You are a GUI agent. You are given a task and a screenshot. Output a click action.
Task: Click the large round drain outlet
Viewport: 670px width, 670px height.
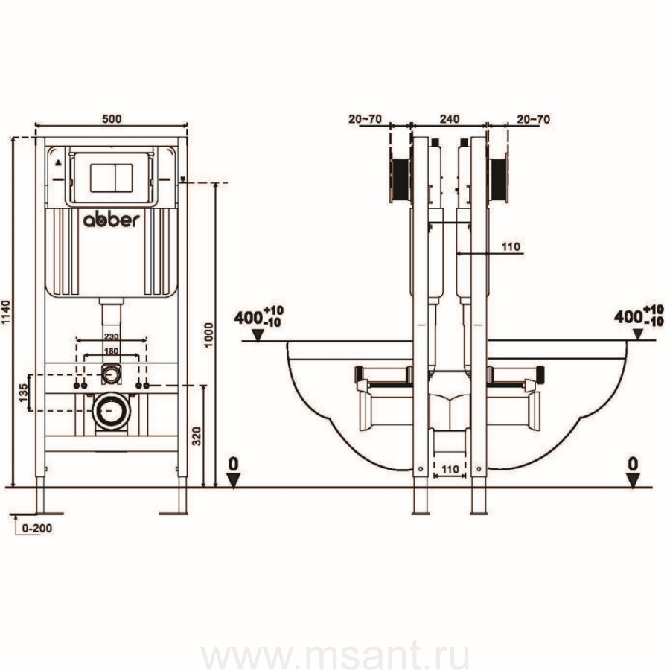pos(110,409)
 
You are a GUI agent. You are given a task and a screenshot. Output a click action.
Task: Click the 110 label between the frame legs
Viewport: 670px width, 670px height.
pos(449,470)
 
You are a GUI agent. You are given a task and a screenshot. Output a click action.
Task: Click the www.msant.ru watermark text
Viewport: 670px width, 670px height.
pos(336,657)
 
